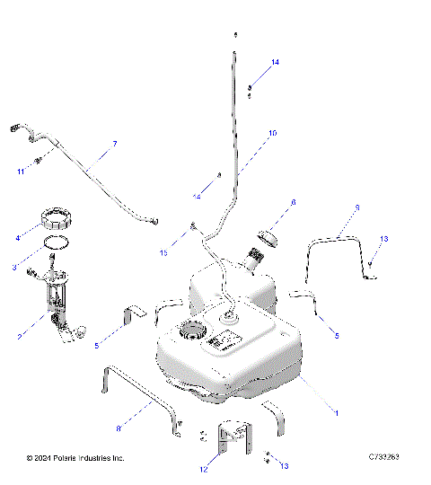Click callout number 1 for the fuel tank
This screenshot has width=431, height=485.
[x=336, y=412]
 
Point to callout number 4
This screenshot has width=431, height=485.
[x=16, y=238]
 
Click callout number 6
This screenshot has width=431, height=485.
[x=293, y=205]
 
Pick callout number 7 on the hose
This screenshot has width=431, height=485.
[x=114, y=144]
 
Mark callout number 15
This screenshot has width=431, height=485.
[x=163, y=254]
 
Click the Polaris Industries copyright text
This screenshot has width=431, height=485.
[x=75, y=458]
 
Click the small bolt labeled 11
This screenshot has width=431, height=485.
[x=39, y=162]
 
